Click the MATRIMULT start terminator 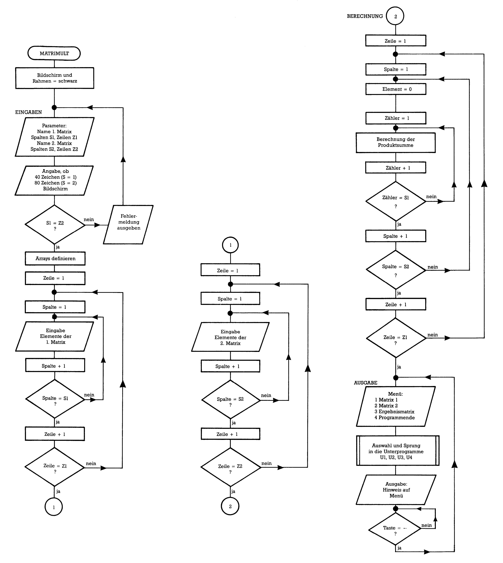(54, 53)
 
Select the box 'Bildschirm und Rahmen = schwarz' (55, 78)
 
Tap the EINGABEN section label (28, 112)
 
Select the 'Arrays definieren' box (55, 259)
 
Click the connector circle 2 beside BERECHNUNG (395, 16)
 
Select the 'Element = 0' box (396, 89)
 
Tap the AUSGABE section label (365, 383)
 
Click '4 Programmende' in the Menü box (395, 417)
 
